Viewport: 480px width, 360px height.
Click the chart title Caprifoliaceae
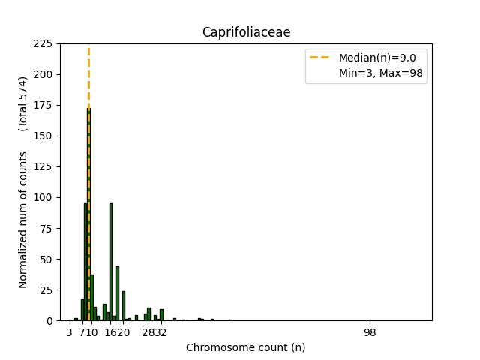(x=246, y=32)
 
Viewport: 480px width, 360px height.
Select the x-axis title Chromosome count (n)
(x=245, y=347)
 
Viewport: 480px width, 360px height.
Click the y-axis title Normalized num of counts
(x=23, y=219)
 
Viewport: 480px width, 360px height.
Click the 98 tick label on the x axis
(x=370, y=332)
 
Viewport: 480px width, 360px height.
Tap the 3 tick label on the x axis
(x=70, y=332)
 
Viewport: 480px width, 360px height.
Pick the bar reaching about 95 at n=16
(x=111, y=262)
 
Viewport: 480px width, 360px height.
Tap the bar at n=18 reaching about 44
(x=117, y=294)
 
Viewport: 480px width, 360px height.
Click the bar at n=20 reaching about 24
(x=124, y=306)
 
